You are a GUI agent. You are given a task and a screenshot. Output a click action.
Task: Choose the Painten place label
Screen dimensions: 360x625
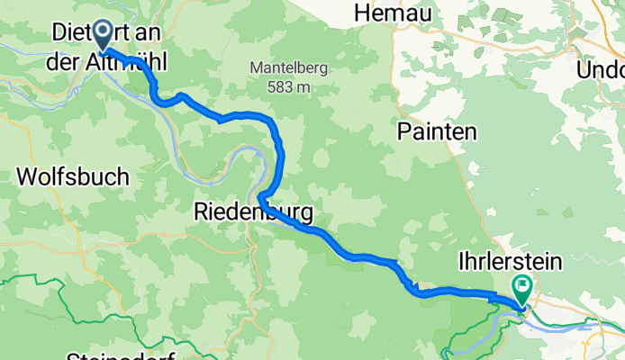coord(436,131)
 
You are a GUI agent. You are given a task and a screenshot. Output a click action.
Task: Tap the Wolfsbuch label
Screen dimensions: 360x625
coord(72,176)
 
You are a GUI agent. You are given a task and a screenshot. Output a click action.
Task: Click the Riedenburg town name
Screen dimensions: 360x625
coord(253,213)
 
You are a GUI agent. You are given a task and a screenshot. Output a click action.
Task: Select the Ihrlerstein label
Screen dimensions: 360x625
coord(509,262)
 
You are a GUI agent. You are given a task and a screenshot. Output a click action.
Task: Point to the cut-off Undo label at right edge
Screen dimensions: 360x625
coord(604,70)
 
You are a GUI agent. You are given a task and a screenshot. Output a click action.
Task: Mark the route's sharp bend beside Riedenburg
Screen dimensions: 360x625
coord(260,197)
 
